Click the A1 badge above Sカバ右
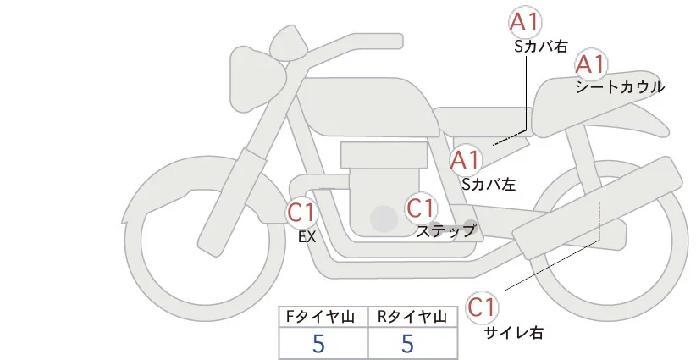tap(526, 22)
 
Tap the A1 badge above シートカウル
tap(591, 64)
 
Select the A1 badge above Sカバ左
tap(465, 159)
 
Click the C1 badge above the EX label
tap(302, 212)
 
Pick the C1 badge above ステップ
tap(421, 208)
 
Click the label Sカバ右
tap(541, 47)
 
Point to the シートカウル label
tap(619, 86)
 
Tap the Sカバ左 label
tap(489, 182)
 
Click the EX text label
tap(307, 237)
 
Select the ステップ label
tap(446, 230)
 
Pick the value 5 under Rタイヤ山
tap(408, 343)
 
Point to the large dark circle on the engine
tap(384, 219)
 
